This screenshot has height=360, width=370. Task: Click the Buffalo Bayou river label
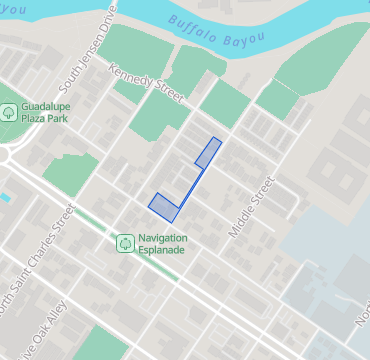[x=217, y=34]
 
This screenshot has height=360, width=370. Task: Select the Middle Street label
[x=250, y=207]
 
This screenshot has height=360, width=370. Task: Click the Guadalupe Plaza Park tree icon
[x=9, y=112]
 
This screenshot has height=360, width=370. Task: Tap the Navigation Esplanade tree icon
[x=125, y=243]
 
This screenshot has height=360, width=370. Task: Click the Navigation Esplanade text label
[x=163, y=244]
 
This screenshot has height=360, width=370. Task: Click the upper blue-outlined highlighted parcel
[x=207, y=152]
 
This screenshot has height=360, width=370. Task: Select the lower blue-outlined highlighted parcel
[x=163, y=206]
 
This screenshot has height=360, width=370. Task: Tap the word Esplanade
[x=163, y=250]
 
